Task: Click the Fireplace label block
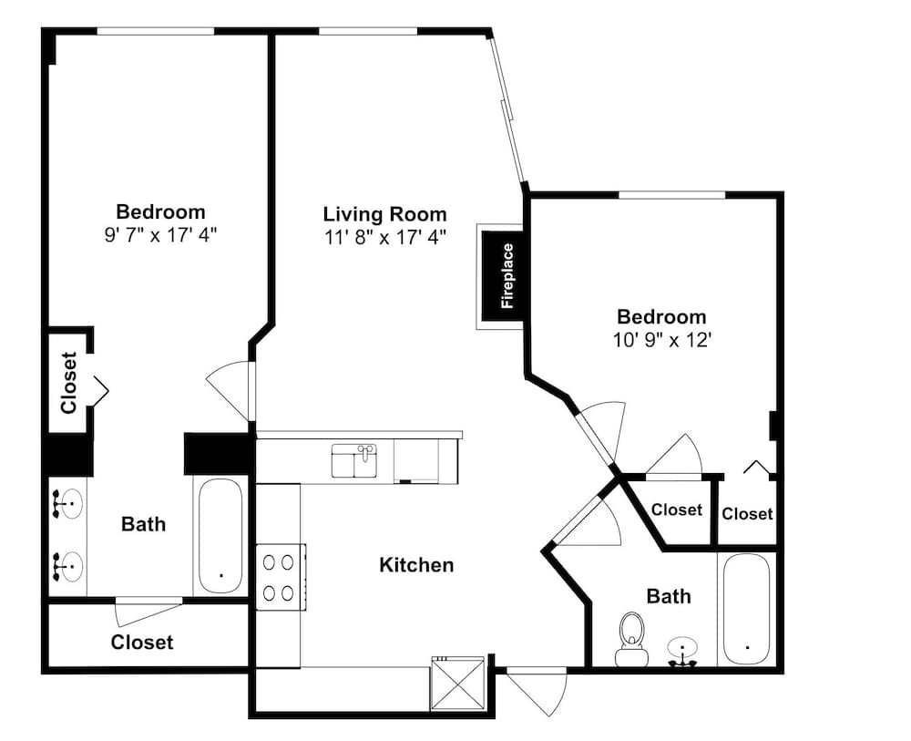pos(503,276)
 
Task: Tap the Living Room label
pos(384,214)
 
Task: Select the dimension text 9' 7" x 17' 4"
pos(160,235)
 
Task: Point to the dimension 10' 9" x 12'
pos(662,339)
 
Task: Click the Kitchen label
pos(416,565)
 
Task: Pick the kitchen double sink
pos(354,461)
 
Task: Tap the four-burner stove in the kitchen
pos(281,577)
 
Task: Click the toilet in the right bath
pos(631,639)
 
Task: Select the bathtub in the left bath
pos(220,536)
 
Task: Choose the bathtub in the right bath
pos(747,609)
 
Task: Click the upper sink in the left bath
pos(67,503)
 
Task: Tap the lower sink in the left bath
pos(67,566)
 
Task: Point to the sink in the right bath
pos(682,651)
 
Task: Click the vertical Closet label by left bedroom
pos(68,383)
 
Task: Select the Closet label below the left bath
pos(142,643)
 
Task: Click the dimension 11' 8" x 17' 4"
pos(384,237)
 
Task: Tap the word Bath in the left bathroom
pos(143,524)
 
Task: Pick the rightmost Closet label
pos(747,514)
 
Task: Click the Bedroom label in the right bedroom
pos(661,317)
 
